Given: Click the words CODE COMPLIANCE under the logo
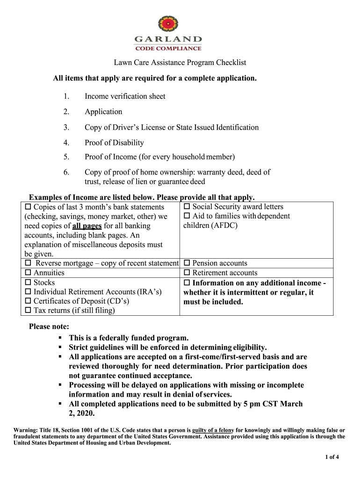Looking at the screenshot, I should [x=168, y=48].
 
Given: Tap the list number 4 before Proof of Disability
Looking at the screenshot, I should [x=66, y=143].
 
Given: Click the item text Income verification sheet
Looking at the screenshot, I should [x=125, y=96].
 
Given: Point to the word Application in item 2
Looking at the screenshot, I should [x=103, y=112].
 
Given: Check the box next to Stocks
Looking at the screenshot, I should [x=28, y=283].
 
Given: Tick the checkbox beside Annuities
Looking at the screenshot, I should [x=28, y=273].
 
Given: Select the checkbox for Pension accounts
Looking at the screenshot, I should [x=187, y=263].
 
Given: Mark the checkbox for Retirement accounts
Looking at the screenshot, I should [x=187, y=273].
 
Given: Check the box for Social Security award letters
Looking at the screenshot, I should [x=187, y=207].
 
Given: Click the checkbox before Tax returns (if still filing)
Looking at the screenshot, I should [x=28, y=311].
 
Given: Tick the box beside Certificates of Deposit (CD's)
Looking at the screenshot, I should [x=28, y=302].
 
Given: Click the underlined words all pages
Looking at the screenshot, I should [x=87, y=226].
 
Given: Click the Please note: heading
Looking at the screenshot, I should [x=49, y=326].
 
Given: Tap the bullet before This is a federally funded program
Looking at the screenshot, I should [x=60, y=337].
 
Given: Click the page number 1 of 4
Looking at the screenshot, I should [x=332, y=457].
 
